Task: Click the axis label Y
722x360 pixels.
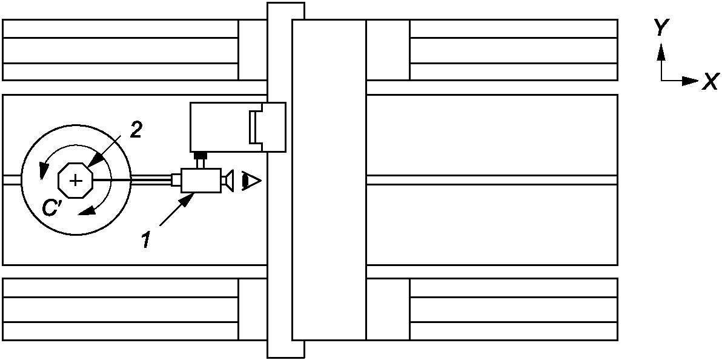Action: (662, 27)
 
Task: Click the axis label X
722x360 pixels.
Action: (710, 81)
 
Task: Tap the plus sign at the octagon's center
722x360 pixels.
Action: (75, 180)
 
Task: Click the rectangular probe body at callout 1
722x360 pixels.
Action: (200, 181)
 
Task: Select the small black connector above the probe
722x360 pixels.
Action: (200, 157)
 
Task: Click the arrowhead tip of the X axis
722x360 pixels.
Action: (698, 81)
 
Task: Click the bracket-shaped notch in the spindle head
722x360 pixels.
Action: (254, 127)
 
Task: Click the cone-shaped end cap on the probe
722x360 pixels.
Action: (227, 181)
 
